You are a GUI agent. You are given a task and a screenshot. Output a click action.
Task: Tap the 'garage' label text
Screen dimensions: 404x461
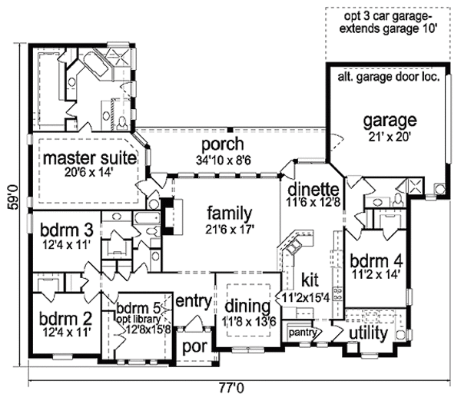tap(390, 121)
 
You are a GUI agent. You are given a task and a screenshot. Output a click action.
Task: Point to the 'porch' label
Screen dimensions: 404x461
tap(223, 144)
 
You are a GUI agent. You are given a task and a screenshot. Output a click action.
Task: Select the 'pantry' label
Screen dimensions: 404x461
tap(303, 333)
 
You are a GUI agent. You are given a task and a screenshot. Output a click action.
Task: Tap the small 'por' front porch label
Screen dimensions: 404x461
tap(191, 346)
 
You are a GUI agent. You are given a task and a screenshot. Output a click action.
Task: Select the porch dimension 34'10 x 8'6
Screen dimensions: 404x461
tap(223, 159)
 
